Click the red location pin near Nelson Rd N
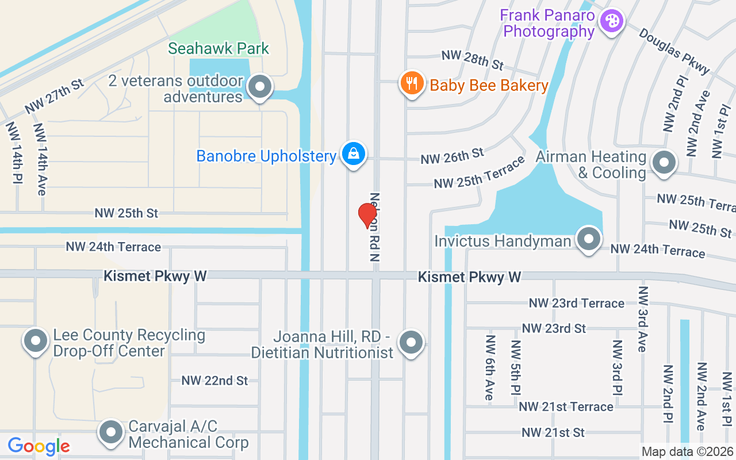pos(367,215)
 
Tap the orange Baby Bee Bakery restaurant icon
pos(412,84)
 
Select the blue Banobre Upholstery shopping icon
pos(353,154)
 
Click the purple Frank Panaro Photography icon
pos(611,22)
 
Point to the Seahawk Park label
pos(218,48)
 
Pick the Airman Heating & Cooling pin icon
pos(664,163)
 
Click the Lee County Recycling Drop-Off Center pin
pos(36,340)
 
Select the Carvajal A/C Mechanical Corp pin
pos(111,432)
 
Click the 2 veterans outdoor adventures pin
pos(260,87)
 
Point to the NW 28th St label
pos(472,59)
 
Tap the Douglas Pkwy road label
pos(674,51)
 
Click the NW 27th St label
pos(54,96)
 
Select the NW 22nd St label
pos(214,381)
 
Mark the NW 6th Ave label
pos(489,367)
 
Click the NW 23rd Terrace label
pos(576,303)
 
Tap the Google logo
pos(39,446)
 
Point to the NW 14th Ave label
pos(40,159)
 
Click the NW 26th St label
pos(452,155)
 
